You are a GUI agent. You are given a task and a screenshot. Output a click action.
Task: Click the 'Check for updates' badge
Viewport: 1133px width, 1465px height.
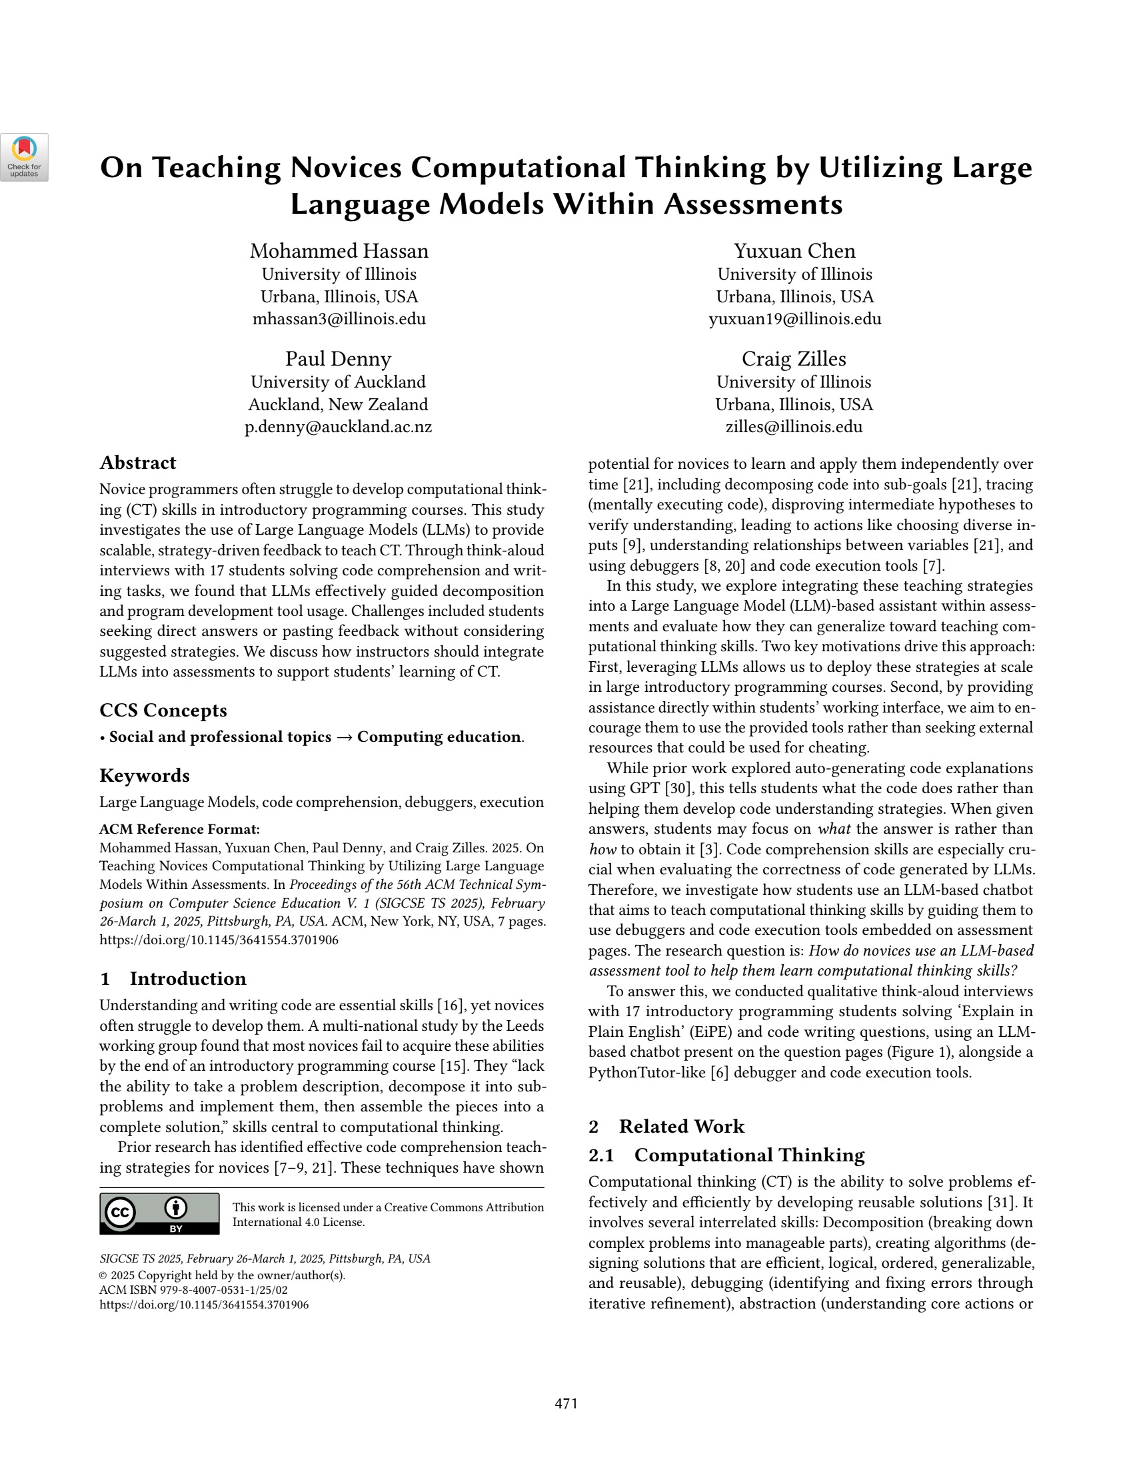tap(24, 157)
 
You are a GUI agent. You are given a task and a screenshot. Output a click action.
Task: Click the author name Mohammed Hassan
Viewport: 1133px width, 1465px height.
tap(339, 251)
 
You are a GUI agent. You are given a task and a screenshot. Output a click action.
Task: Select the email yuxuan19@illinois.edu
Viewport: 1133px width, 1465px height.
tap(794, 319)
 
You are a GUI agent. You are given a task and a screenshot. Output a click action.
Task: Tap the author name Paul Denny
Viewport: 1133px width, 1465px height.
tap(339, 359)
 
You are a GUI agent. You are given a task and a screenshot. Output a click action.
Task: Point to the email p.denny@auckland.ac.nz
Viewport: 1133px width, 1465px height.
tap(339, 428)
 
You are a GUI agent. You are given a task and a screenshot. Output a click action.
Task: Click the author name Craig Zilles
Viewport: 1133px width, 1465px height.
tap(794, 359)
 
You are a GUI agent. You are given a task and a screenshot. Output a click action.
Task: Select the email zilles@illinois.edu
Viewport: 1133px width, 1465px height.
tap(794, 428)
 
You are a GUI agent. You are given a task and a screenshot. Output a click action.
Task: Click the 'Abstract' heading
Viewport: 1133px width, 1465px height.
tap(137, 463)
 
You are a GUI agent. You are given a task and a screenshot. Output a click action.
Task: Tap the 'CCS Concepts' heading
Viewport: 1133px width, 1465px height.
tap(163, 711)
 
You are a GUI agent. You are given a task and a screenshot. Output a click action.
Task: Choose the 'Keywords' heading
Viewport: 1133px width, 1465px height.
tap(145, 775)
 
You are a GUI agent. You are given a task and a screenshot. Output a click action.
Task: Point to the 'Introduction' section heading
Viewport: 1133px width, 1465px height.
tap(188, 979)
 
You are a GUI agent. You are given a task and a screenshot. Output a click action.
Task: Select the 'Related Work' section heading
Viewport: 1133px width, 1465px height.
tap(681, 1126)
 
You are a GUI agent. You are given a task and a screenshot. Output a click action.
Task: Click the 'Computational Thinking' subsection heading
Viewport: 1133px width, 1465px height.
tap(749, 1155)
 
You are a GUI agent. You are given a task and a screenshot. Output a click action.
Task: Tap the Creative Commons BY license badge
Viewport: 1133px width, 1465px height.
tap(159, 1213)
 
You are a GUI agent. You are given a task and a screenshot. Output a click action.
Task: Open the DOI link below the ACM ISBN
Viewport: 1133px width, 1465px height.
tap(204, 1305)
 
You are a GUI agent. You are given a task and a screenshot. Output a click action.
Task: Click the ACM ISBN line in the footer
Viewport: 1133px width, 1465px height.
tap(193, 1290)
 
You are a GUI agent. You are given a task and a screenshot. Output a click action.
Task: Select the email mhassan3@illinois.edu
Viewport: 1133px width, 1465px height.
tap(339, 319)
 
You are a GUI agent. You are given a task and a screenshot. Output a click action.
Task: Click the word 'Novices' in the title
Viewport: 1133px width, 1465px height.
tap(341, 168)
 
